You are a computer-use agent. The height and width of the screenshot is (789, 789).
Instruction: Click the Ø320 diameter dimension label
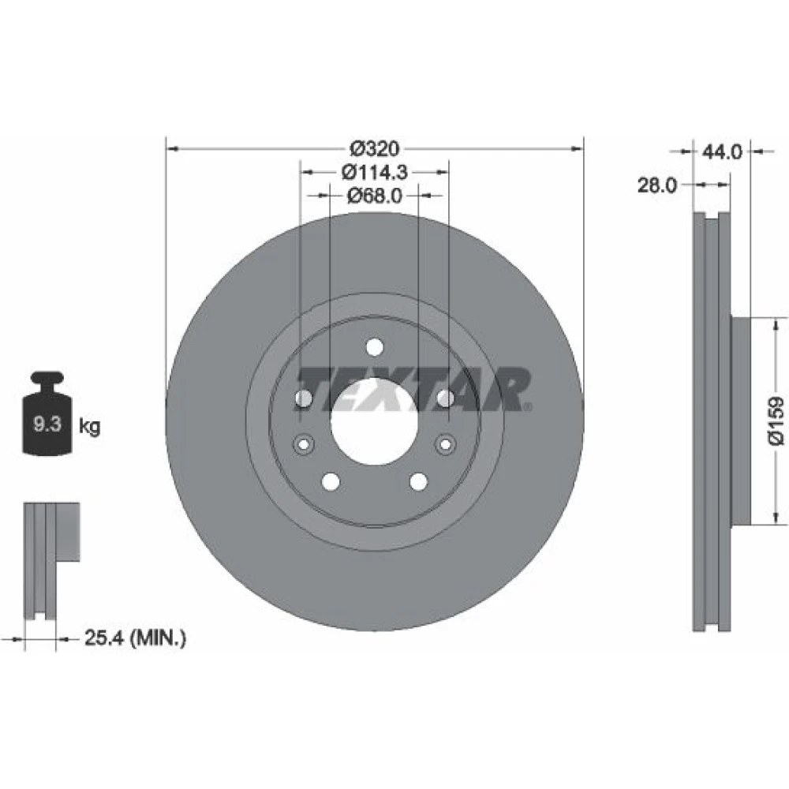pos(375,149)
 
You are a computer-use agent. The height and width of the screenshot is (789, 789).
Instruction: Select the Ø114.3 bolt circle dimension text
pos(374,173)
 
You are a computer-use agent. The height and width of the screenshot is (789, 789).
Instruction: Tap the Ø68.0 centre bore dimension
pos(374,195)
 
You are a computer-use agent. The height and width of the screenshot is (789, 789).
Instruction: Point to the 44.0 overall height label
pos(722,151)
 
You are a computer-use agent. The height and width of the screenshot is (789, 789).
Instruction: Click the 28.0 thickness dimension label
pos(657,185)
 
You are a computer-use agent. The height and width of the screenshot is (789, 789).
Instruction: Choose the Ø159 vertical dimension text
pos(776,421)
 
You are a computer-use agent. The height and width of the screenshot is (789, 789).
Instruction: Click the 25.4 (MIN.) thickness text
pos(135,638)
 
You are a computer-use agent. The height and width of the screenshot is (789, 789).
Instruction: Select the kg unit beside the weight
pos(90,427)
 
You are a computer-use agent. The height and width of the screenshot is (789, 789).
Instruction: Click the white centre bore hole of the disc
pos(374,421)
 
